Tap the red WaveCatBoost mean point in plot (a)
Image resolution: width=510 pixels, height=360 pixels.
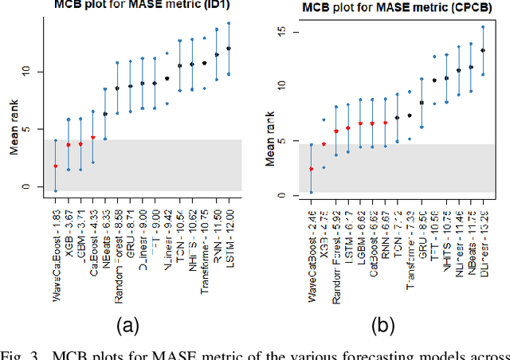coord(55,166)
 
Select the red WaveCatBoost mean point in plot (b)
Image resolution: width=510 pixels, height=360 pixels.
coord(312,169)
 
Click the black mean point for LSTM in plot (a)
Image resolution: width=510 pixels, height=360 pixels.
coord(229,49)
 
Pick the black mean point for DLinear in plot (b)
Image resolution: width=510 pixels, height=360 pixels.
coord(482,50)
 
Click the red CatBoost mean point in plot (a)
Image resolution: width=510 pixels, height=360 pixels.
coord(93,137)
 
